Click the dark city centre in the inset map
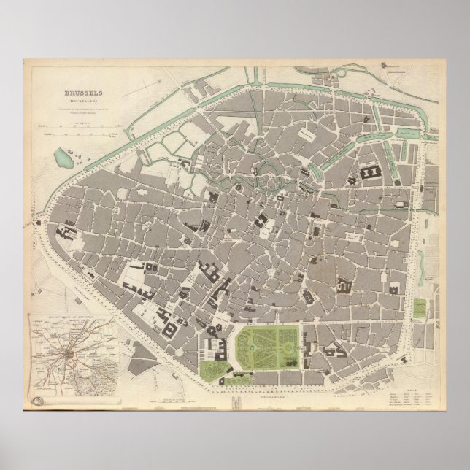tap(69, 354)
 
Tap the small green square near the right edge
tap(422, 308)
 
